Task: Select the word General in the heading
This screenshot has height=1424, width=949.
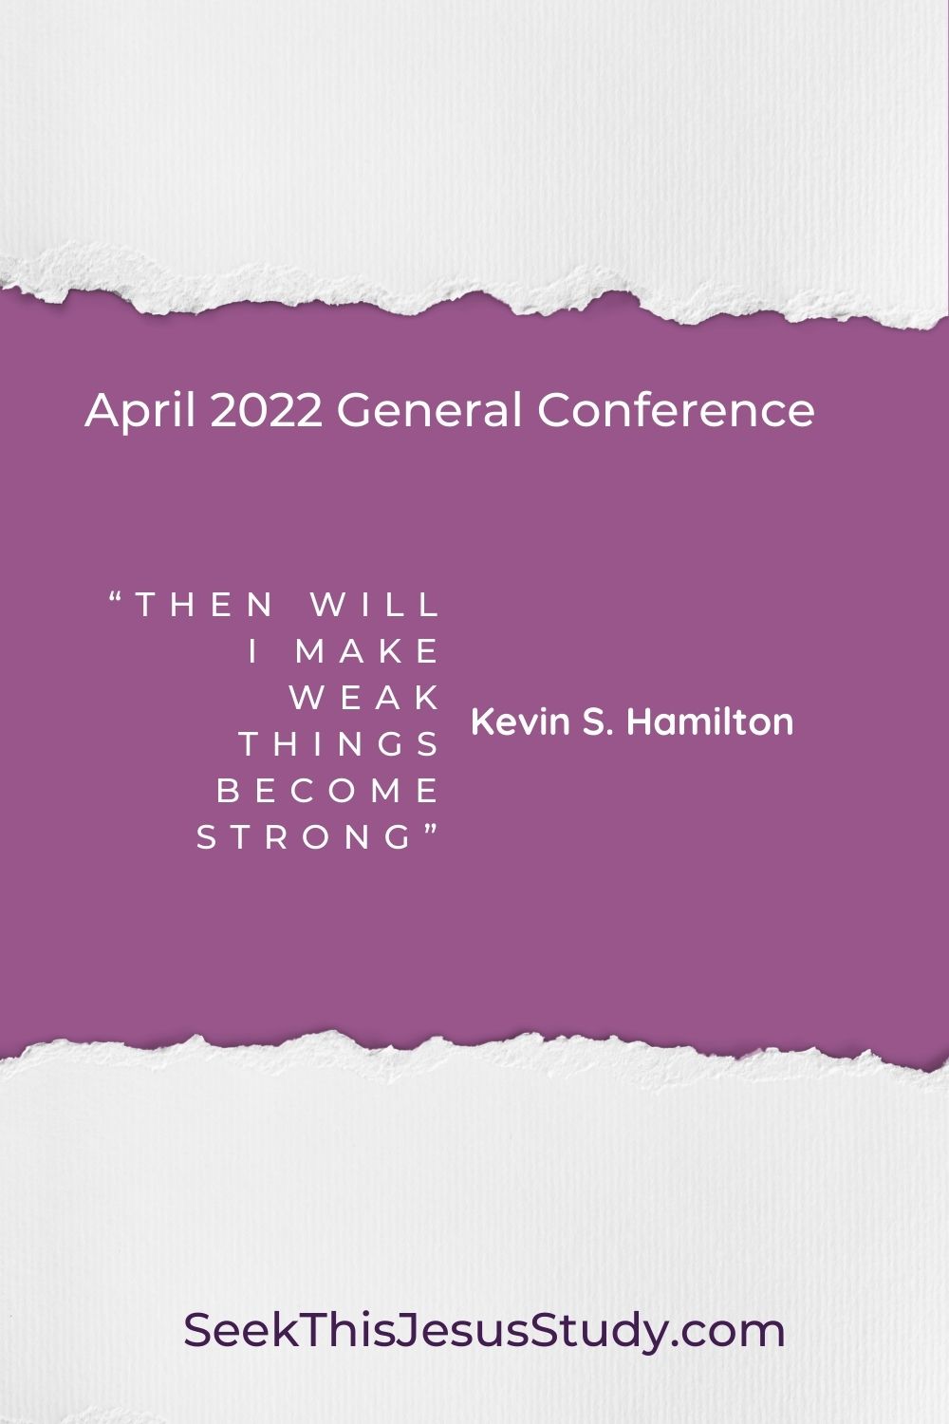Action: click(x=429, y=411)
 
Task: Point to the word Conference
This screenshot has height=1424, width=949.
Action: click(x=676, y=411)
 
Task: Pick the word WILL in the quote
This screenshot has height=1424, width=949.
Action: click(x=376, y=604)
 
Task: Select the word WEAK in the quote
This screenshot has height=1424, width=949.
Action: click(x=365, y=698)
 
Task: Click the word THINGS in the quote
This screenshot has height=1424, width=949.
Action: click(x=340, y=744)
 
